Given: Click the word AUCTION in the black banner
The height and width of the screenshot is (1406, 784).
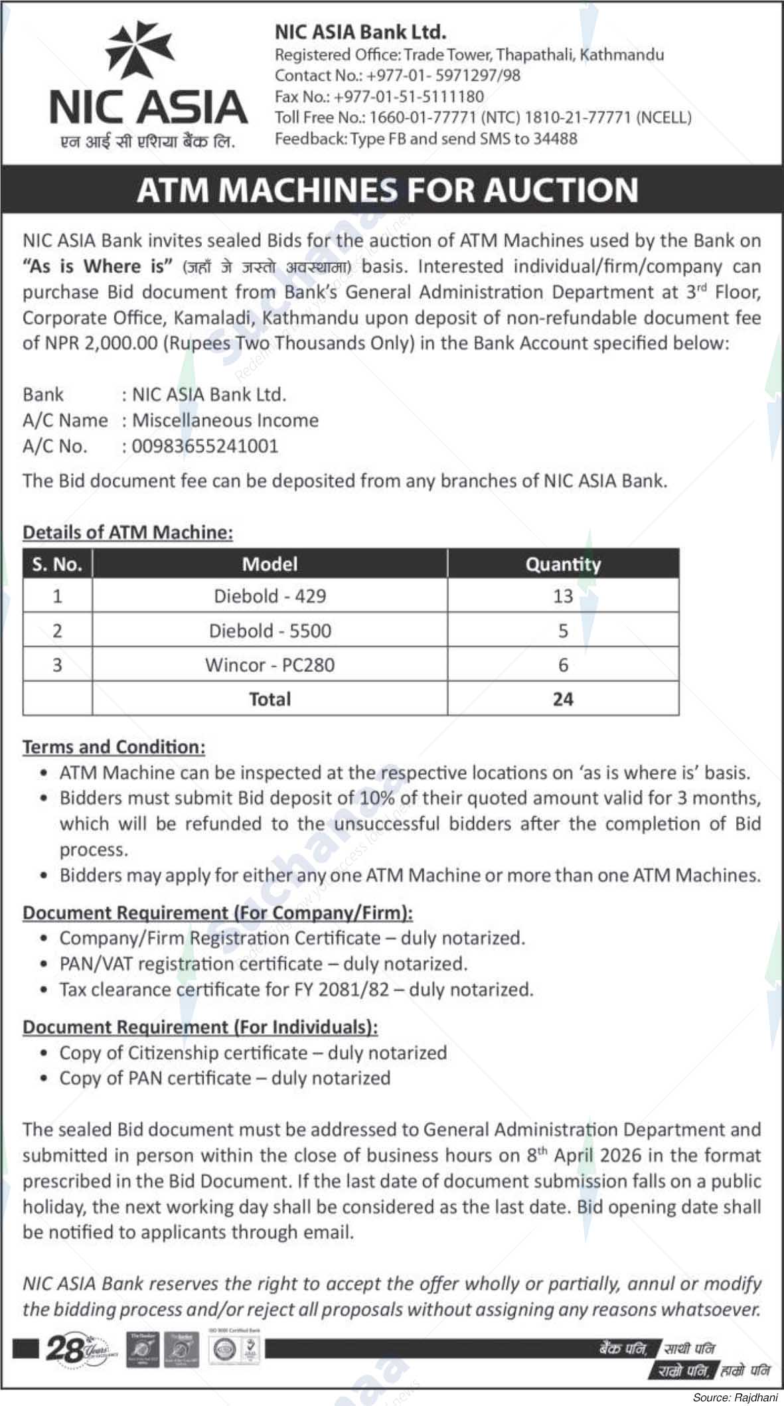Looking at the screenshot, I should pos(560,190).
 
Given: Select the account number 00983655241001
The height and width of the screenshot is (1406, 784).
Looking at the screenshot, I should pos(205,446).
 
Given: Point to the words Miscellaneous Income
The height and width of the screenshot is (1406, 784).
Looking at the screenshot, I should pos(225,420).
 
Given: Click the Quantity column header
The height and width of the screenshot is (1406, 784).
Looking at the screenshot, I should pos(563,564).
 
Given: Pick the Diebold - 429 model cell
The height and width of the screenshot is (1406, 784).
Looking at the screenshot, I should pos(270,596).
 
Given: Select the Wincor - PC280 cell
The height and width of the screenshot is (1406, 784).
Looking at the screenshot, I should pos(270,665).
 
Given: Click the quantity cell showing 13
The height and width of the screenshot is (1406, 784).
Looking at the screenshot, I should pos(563,596).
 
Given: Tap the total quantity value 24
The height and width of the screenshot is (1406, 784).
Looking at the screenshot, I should pos(563,699).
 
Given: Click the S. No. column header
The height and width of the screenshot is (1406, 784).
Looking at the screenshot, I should pos(57,564).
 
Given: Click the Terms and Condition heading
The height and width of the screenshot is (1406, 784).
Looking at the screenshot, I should pos(114,747).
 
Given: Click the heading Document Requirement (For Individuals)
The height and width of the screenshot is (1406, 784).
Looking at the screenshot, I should pos(200,1027).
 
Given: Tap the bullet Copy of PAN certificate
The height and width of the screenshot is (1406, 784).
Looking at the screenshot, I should pos(224,1078).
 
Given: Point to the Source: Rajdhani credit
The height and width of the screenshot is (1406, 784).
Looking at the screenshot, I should pos(735,1397).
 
